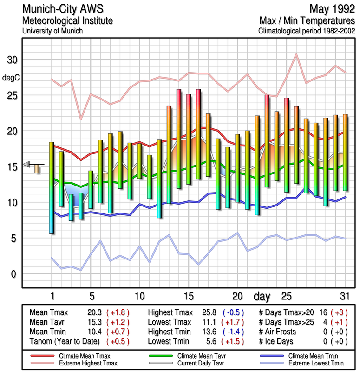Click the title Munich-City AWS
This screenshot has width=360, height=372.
[x=63, y=9]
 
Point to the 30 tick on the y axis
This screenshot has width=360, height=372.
[x=12, y=60]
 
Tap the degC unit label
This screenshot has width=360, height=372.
[x=12, y=78]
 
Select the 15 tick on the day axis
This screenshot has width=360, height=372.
[x=189, y=296]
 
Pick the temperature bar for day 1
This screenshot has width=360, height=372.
[x=52, y=187]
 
